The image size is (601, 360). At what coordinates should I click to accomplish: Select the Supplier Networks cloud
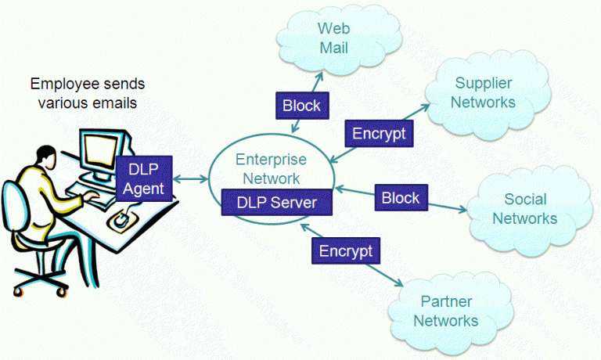(x=485, y=92)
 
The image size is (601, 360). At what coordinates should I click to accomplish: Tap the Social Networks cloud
(x=524, y=209)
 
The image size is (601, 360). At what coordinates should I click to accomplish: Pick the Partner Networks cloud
(x=445, y=311)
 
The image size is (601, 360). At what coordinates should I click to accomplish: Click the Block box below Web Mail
(x=300, y=104)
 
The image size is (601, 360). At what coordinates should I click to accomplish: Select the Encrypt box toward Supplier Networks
(x=379, y=134)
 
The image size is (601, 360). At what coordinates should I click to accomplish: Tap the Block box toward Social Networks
(x=400, y=197)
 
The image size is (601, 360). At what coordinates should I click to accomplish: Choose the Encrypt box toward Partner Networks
(x=345, y=250)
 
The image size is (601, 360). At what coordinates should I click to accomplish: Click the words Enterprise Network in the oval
(x=271, y=168)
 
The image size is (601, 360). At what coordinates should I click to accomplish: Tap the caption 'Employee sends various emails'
(x=87, y=91)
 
